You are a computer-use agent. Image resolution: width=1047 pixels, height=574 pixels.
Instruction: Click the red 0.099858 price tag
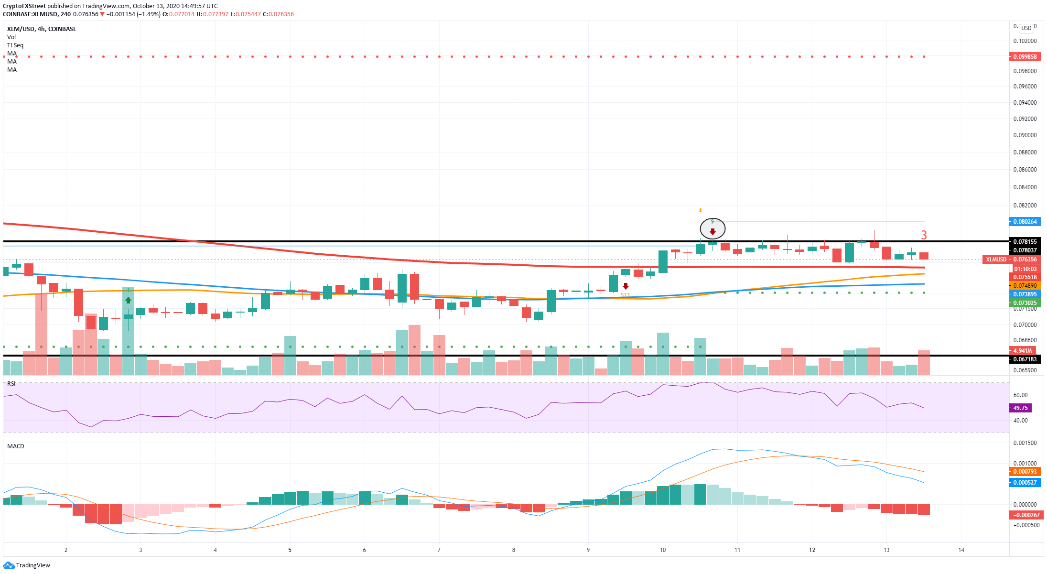pyautogui.click(x=1025, y=57)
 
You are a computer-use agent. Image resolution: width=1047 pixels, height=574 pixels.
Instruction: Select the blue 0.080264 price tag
pyautogui.click(x=1025, y=222)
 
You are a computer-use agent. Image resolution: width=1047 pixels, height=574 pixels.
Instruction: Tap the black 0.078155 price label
pyautogui.click(x=1025, y=242)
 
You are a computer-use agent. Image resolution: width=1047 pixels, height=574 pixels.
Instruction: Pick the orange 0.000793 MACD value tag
pyautogui.click(x=1025, y=472)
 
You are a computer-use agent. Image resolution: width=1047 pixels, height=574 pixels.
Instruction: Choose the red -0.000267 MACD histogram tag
pyautogui.click(x=1025, y=515)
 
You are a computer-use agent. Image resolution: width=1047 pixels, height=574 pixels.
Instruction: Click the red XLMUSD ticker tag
pyautogui.click(x=996, y=260)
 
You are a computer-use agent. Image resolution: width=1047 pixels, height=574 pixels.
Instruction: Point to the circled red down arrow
pyautogui.click(x=712, y=232)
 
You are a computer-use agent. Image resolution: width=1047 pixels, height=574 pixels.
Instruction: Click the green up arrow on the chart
pyautogui.click(x=128, y=300)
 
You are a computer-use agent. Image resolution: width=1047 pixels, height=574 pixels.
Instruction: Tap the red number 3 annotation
pyautogui.click(x=924, y=235)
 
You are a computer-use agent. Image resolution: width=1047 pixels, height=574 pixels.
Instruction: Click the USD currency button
pyautogui.click(x=1026, y=28)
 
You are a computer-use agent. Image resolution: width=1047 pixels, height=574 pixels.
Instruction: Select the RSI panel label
pyautogui.click(x=11, y=384)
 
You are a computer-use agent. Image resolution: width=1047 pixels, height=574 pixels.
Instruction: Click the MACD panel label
pyautogui.click(x=15, y=446)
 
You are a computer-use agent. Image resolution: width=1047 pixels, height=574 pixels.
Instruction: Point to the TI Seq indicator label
pyautogui.click(x=15, y=45)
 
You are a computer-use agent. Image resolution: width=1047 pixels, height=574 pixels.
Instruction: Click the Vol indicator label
pyautogui.click(x=11, y=37)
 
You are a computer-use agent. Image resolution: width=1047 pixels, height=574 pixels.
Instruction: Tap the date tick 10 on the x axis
pyautogui.click(x=663, y=550)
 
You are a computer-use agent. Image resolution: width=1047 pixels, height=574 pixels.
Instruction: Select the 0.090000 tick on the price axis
pyautogui.click(x=1025, y=135)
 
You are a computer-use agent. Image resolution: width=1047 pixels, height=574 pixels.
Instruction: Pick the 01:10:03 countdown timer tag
pyautogui.click(x=1025, y=269)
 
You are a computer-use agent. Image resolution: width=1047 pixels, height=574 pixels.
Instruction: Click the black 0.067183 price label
pyautogui.click(x=1025, y=359)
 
